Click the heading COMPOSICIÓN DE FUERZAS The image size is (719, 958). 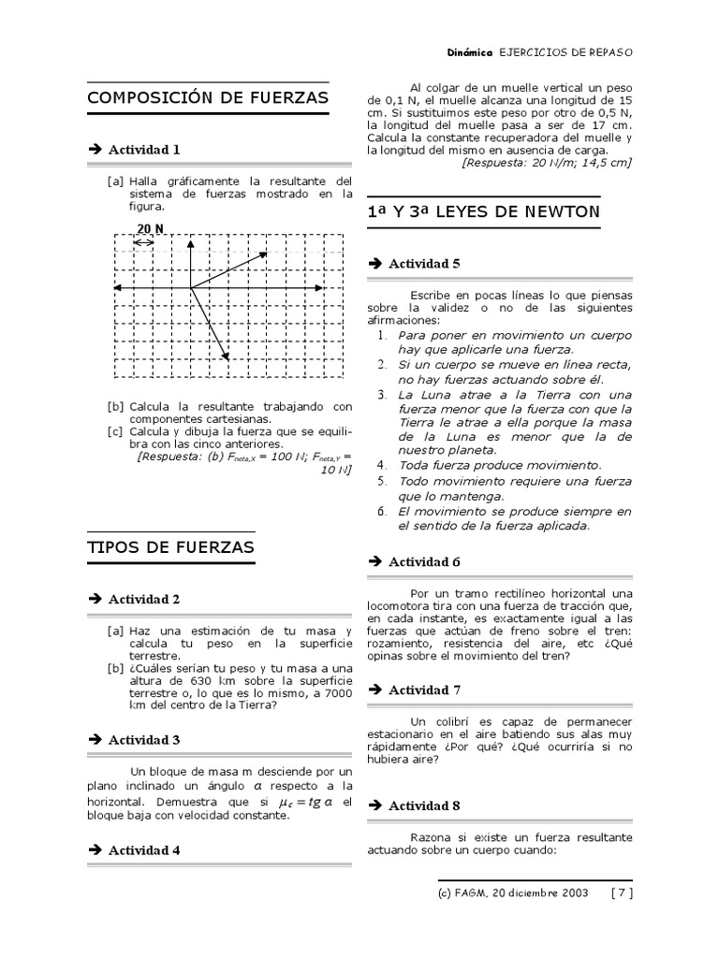tap(207, 98)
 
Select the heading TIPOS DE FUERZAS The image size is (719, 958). tap(170, 547)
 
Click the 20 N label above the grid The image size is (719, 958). tap(150, 228)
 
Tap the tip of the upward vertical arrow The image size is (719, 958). tap(190, 241)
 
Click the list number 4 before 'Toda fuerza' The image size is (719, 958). tap(382, 464)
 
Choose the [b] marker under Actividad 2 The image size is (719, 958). tap(116, 668)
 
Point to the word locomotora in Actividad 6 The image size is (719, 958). tap(399, 606)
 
